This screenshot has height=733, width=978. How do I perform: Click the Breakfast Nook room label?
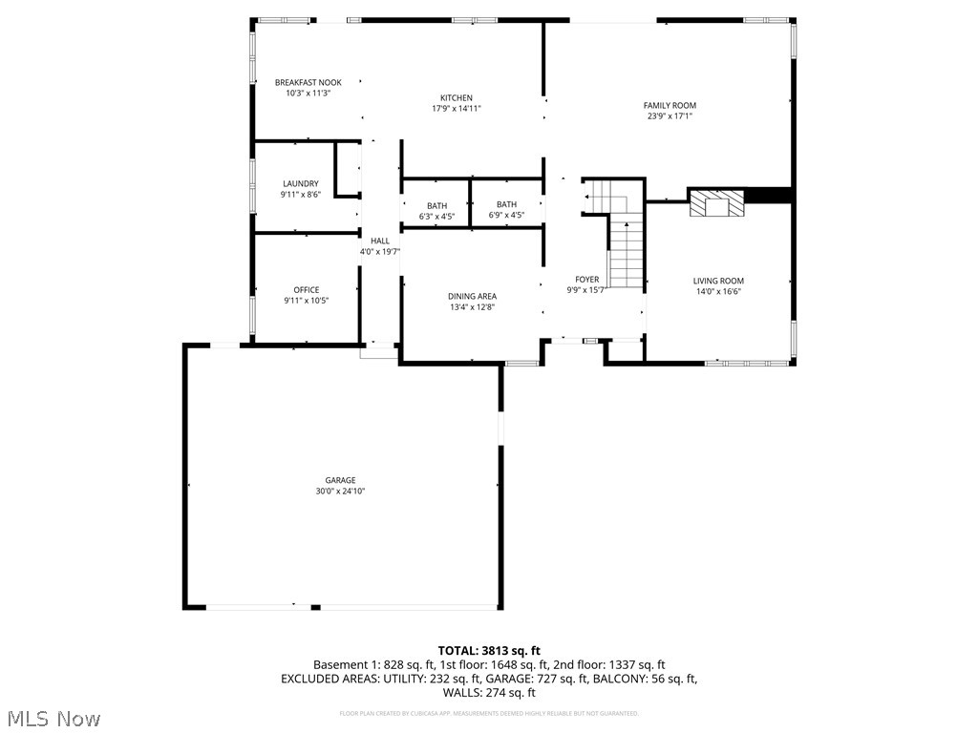(x=308, y=83)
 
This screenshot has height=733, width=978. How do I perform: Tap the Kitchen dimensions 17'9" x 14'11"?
(x=456, y=109)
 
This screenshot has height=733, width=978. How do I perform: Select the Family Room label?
(x=669, y=106)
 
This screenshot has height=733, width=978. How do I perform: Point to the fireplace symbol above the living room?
(x=716, y=203)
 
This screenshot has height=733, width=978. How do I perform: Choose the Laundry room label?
(x=300, y=183)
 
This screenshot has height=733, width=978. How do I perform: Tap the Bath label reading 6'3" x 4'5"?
(x=436, y=217)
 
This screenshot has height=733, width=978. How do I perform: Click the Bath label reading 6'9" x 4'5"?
(x=506, y=216)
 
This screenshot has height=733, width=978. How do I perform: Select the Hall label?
(x=379, y=241)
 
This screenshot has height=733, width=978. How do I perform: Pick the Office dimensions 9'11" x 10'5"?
(x=307, y=301)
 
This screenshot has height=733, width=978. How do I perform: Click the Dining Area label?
(x=472, y=296)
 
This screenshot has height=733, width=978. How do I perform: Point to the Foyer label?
(x=586, y=280)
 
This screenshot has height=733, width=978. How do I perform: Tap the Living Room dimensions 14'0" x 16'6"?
(x=718, y=292)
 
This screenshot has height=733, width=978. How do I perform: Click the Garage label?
(x=340, y=480)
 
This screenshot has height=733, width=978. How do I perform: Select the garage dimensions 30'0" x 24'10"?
(x=340, y=492)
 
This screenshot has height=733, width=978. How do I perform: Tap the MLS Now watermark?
(x=53, y=718)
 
